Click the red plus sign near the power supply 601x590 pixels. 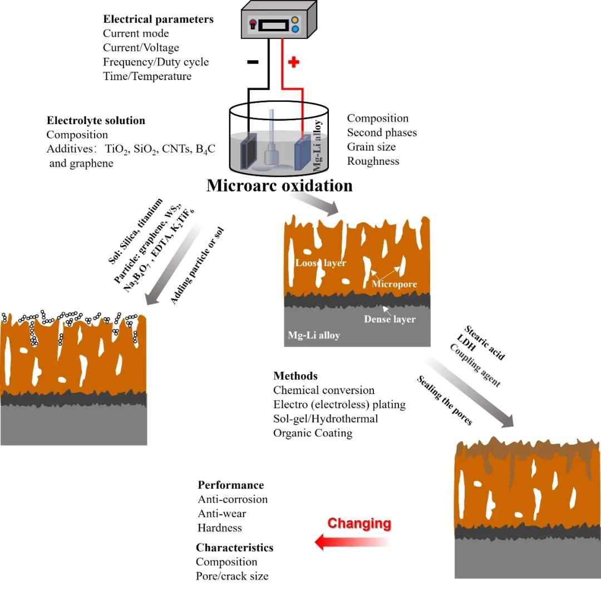294,62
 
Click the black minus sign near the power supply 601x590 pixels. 252,62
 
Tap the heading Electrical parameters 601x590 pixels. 157,19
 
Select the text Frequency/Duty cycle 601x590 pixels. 155,62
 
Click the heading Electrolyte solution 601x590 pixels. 96,120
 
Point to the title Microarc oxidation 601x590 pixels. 279,185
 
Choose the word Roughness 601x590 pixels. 373,161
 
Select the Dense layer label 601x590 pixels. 390,319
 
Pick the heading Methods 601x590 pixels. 295,376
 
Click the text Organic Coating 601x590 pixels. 313,433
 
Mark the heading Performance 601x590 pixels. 230,485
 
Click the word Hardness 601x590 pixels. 220,528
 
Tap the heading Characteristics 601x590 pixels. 234,548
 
